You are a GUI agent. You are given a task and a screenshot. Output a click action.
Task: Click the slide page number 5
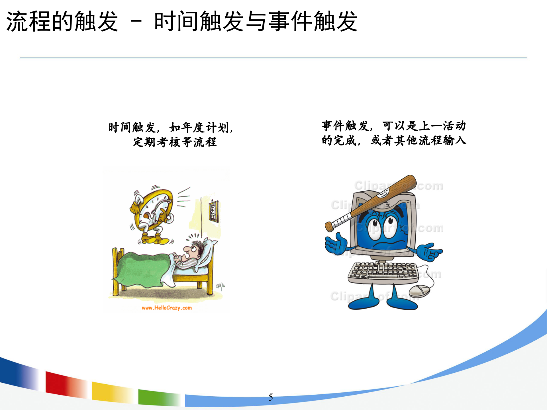pyautogui.click(x=270, y=397)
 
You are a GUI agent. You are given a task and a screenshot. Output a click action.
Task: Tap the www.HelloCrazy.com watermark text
pyautogui.click(x=167, y=308)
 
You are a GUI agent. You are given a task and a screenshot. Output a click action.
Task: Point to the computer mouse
pyautogui.click(x=419, y=291)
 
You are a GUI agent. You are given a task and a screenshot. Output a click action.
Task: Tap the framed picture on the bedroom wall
pyautogui.click(x=214, y=211)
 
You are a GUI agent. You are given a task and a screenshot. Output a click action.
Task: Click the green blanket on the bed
pyautogui.click(x=142, y=269)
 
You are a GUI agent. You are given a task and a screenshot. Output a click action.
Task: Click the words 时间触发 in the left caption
pyautogui.click(x=132, y=128)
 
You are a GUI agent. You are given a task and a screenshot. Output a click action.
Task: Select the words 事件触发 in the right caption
pyautogui.click(x=345, y=126)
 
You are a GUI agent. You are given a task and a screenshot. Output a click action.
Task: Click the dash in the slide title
pyautogui.click(x=136, y=22)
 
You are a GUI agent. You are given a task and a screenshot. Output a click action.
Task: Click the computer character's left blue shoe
pyautogui.click(x=363, y=303)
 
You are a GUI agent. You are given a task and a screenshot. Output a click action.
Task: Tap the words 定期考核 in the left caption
pyautogui.click(x=157, y=142)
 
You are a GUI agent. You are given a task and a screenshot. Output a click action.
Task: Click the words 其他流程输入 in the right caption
pyautogui.click(x=430, y=140)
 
